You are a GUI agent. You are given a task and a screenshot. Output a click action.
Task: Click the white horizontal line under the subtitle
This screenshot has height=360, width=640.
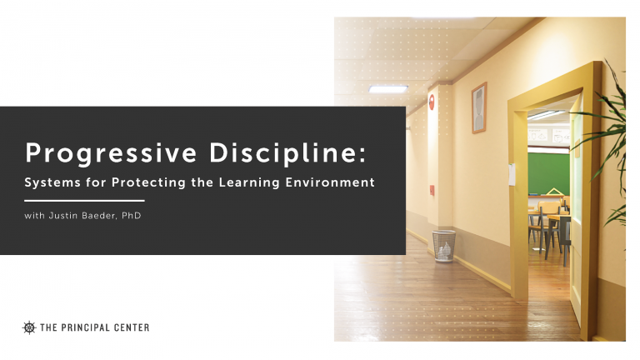click(x=84, y=201)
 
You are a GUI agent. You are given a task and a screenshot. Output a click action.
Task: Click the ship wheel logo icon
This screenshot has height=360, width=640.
click(x=30, y=327)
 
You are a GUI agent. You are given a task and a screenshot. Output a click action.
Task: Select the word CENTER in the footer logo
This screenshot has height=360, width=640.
click(x=132, y=327)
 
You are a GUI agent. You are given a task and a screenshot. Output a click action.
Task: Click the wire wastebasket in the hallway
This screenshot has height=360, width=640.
click(x=443, y=245)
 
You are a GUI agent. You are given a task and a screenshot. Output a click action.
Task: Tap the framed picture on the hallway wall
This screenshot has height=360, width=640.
click(x=478, y=107)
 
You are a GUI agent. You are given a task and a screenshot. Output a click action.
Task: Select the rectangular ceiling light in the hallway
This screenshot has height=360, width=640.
click(x=387, y=88)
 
